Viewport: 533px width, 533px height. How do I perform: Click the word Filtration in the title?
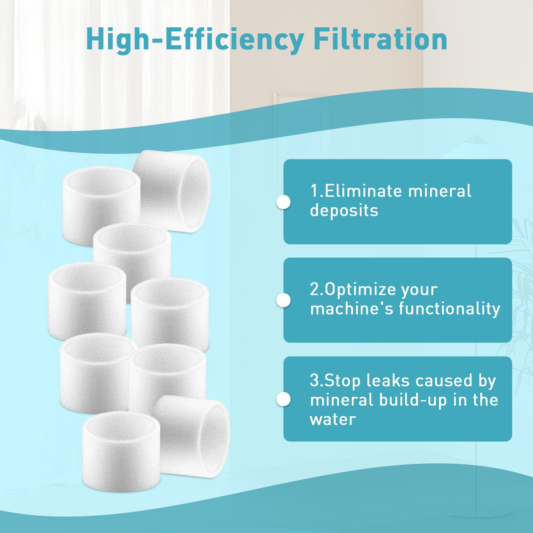tap(380, 39)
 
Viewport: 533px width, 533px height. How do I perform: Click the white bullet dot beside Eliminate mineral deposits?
tap(283, 202)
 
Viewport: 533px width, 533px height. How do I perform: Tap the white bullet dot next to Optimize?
tap(283, 300)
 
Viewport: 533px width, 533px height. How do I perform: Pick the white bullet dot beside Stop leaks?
tap(283, 399)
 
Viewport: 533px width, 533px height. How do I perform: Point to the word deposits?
tap(344, 211)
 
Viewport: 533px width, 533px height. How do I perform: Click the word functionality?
tap(449, 308)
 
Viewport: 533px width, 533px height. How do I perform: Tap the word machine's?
tap(352, 308)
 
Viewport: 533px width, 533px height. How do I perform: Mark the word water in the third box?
tap(333, 419)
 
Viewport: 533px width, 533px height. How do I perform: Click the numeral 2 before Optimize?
tap(314, 289)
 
